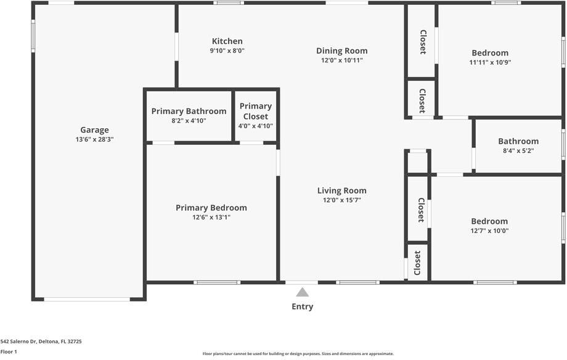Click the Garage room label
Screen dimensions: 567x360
[x=94, y=130]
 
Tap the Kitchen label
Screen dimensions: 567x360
[x=227, y=41]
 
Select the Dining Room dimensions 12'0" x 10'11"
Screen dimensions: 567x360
[x=341, y=60]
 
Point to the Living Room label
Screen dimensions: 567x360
[x=341, y=190]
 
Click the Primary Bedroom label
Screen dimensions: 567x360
[x=211, y=208]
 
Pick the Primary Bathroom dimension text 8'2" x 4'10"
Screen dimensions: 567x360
[x=189, y=120]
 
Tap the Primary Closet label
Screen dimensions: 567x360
[x=256, y=111]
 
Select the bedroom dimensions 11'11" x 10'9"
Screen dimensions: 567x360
[x=490, y=62]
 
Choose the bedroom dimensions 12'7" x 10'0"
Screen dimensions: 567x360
[x=489, y=231]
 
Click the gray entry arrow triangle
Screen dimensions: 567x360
[x=303, y=292]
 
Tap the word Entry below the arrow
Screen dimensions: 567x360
[x=303, y=307]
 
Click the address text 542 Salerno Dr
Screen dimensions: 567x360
[x=18, y=341]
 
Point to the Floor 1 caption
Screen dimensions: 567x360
[x=9, y=352]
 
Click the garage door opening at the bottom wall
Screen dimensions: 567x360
[x=87, y=299]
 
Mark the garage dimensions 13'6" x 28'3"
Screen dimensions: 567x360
[x=94, y=139]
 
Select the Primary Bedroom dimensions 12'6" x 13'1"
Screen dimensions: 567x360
[x=211, y=217]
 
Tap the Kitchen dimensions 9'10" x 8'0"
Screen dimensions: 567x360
[x=227, y=51]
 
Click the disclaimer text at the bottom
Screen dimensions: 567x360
[x=298, y=354]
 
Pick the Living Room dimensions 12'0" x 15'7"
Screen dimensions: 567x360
[x=341, y=200]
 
